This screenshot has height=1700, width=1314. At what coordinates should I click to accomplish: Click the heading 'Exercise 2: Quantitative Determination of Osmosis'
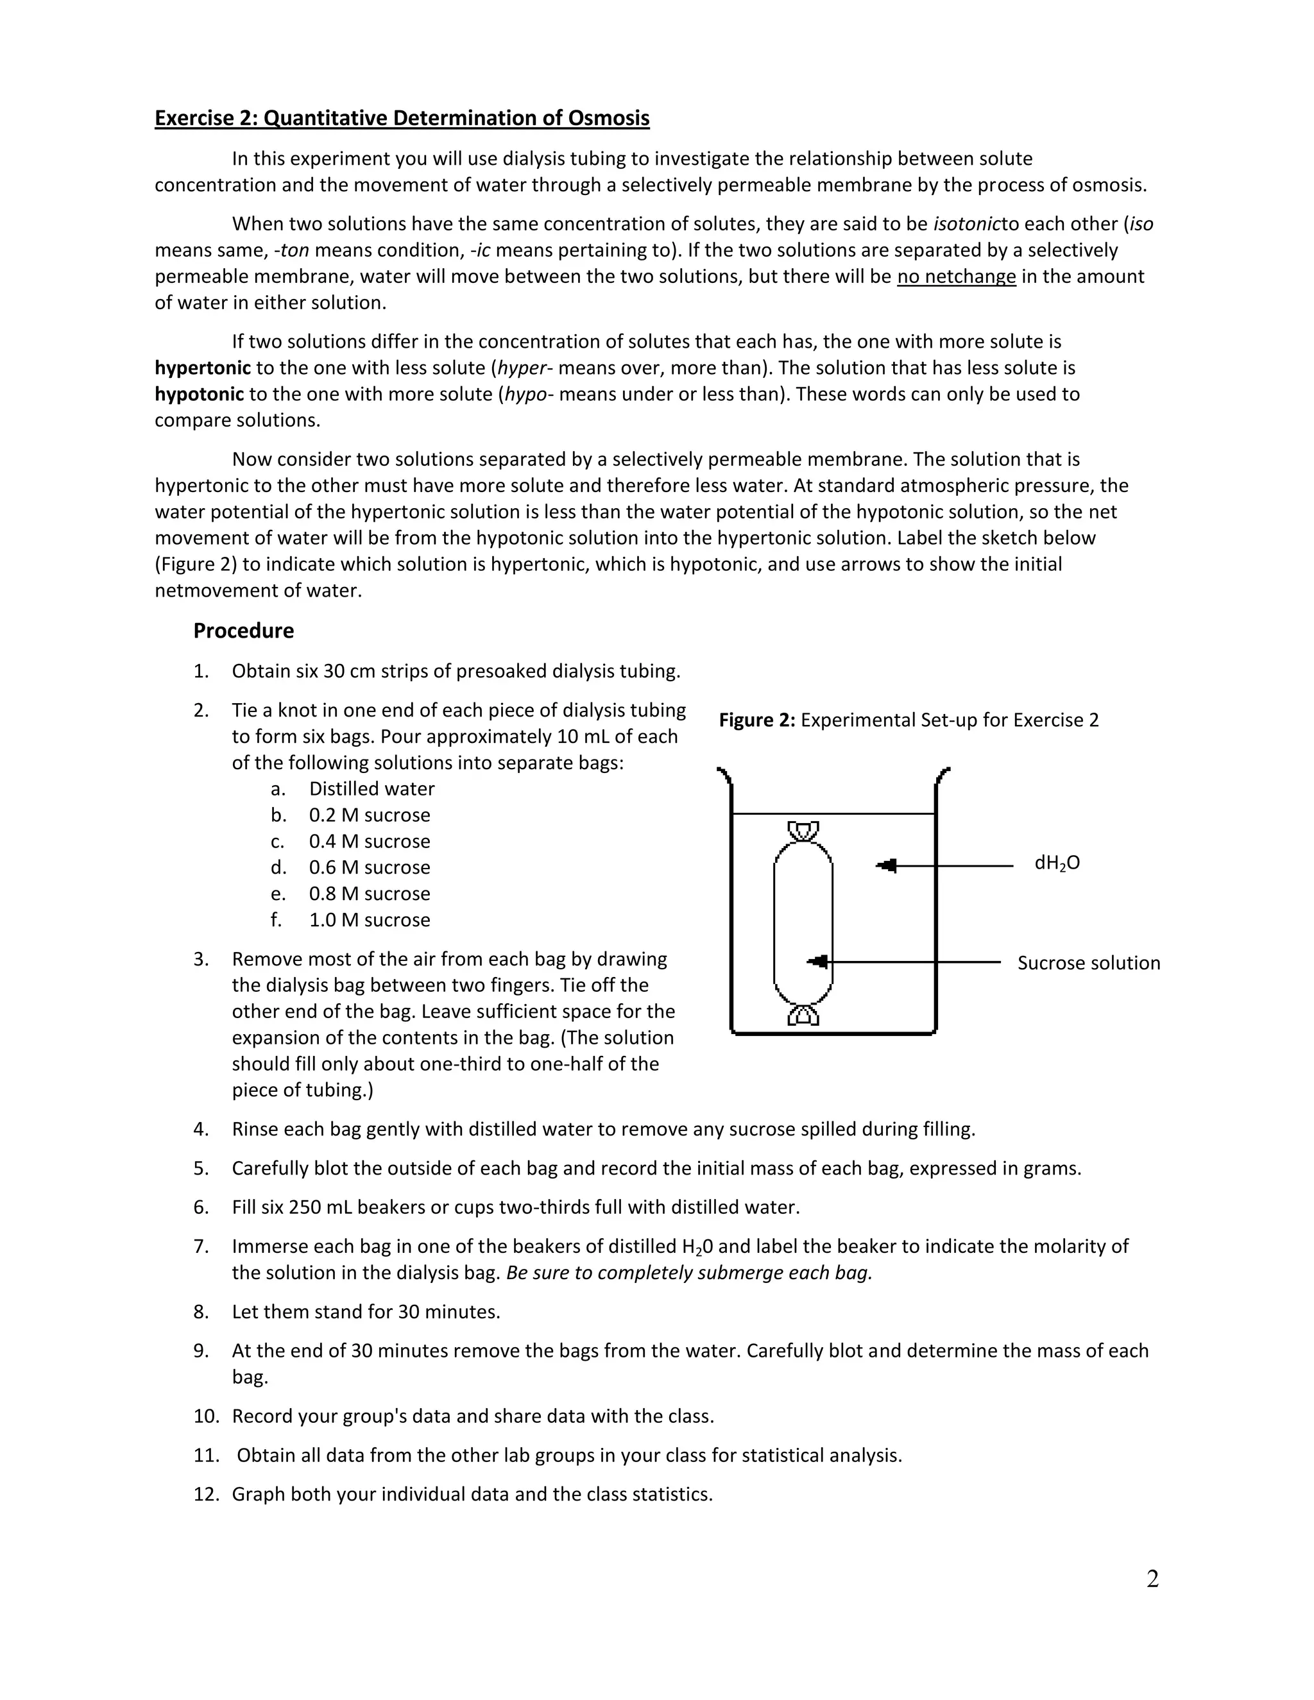point(402,118)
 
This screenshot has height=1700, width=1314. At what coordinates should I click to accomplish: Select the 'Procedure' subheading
point(244,631)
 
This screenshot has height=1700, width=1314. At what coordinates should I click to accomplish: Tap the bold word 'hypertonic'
point(202,368)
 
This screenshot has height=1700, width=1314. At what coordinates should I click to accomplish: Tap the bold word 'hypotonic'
point(200,394)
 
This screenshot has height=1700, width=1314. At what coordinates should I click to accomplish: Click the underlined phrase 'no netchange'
point(956,276)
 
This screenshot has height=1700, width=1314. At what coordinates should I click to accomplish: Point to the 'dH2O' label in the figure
point(1056,863)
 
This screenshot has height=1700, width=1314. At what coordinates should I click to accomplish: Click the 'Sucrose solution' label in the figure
point(1088,963)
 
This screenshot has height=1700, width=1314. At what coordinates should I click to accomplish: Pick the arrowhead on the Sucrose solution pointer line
point(818,962)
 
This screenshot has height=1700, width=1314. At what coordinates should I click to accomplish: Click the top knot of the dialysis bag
point(803,831)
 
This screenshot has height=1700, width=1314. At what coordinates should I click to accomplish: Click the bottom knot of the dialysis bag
point(803,1014)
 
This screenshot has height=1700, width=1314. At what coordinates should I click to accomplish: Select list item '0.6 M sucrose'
point(369,867)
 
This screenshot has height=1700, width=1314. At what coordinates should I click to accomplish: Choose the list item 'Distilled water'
point(371,788)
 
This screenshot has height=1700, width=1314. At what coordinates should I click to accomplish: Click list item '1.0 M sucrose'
point(369,919)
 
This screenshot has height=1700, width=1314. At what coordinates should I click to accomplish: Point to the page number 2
point(1152,1579)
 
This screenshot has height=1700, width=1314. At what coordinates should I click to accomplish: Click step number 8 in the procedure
point(201,1312)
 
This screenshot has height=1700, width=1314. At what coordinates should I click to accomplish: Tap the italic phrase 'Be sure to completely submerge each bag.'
point(689,1273)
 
